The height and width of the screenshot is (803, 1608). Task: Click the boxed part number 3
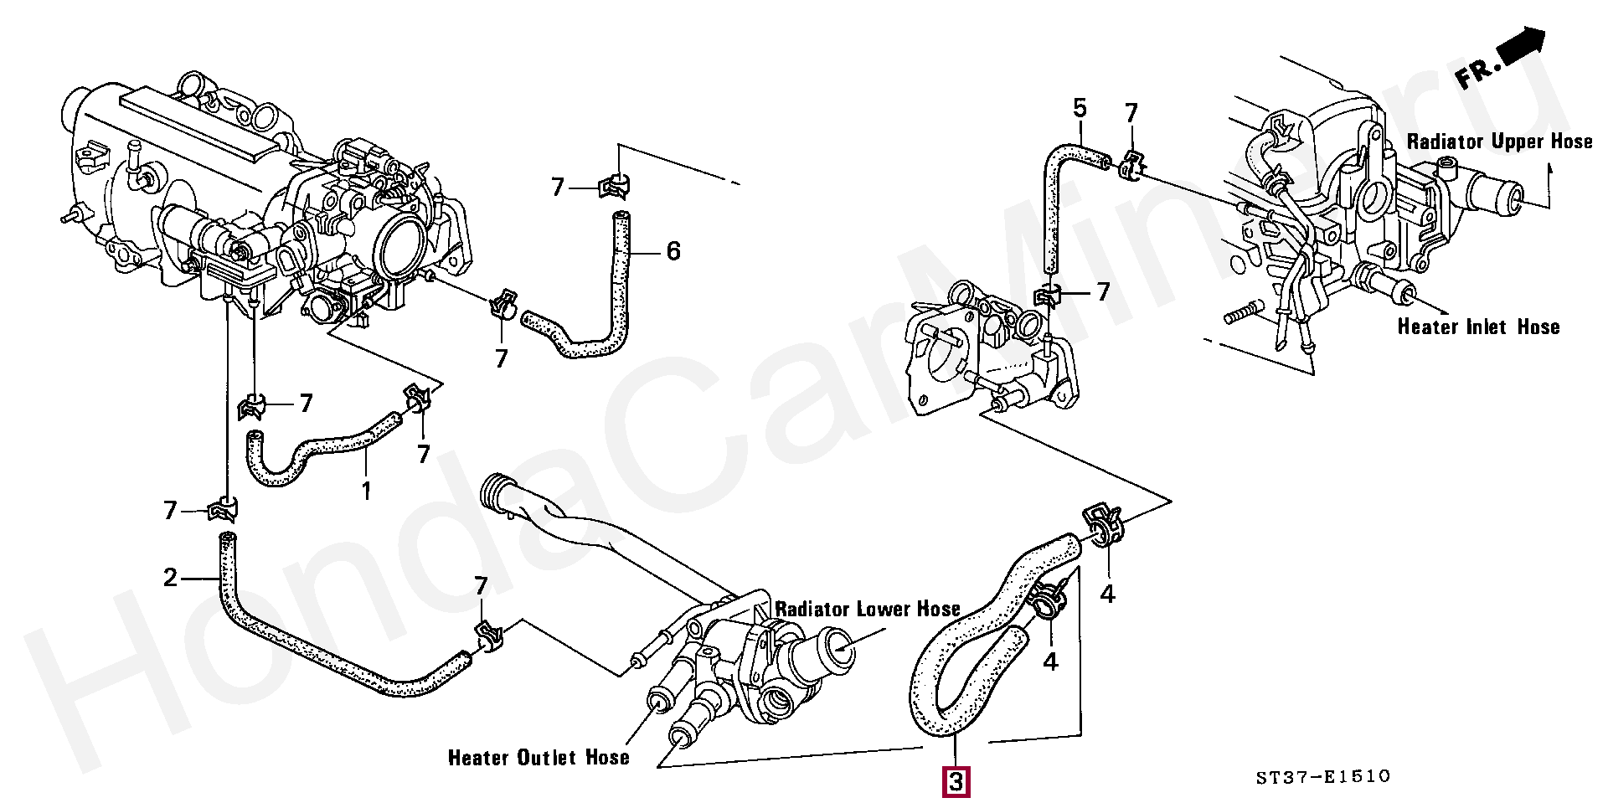click(956, 782)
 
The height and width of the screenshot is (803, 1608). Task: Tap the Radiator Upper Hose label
click(1499, 142)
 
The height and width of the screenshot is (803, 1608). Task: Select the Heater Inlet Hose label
click(1478, 327)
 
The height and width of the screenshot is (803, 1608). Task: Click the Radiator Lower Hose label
click(868, 609)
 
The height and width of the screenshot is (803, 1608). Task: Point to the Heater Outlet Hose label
click(539, 758)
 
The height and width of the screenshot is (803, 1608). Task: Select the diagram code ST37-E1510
click(1322, 777)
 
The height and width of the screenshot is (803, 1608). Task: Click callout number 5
click(1080, 108)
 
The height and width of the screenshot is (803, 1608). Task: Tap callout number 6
click(673, 251)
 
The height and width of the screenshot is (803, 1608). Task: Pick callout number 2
click(171, 578)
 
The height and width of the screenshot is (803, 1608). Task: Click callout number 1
click(366, 491)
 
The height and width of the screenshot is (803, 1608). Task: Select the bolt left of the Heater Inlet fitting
click(1243, 313)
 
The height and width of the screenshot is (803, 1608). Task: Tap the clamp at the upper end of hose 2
click(223, 508)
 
